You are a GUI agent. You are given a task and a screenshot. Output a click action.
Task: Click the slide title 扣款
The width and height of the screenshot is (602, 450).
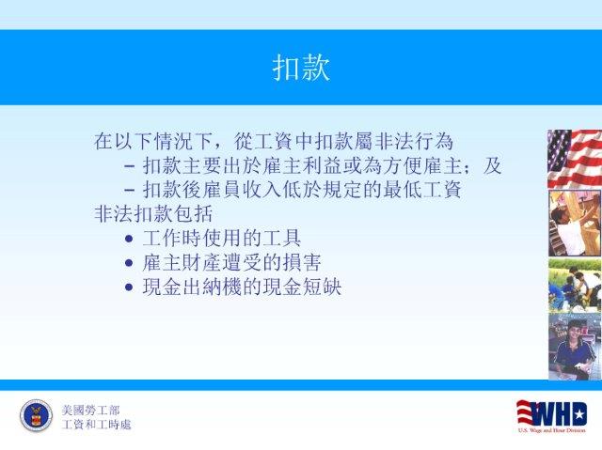(301, 68)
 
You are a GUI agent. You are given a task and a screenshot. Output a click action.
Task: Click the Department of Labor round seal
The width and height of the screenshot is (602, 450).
(36, 415)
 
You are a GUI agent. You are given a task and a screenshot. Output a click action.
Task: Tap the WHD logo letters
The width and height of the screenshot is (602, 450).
(552, 413)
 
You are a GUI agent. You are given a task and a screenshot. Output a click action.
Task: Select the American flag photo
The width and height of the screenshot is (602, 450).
(575, 159)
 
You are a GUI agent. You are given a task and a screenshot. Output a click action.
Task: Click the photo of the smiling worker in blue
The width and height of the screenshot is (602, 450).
(575, 347)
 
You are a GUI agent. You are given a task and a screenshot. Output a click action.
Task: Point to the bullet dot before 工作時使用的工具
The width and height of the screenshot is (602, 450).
(129, 240)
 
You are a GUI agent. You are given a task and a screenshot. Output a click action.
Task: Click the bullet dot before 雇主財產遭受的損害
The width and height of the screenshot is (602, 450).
(129, 263)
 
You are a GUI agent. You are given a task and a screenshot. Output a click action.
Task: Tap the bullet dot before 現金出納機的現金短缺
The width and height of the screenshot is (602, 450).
(129, 287)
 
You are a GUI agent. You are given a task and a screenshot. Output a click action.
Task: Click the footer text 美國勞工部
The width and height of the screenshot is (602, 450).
(90, 411)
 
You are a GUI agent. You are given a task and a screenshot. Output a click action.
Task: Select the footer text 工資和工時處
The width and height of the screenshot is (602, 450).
(96, 425)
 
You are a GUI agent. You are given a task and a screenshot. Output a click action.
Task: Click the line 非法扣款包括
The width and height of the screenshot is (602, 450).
(153, 213)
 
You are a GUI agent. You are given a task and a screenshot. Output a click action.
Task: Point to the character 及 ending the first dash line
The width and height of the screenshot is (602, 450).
(492, 165)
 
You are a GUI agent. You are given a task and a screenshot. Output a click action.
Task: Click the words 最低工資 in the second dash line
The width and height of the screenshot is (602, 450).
(421, 190)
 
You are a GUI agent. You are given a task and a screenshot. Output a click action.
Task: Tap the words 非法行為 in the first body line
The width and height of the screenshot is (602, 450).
(414, 141)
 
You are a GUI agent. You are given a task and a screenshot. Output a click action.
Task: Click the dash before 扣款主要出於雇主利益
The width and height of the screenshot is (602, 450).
(130, 166)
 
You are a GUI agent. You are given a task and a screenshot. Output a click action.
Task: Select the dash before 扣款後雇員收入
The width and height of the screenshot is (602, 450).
(130, 191)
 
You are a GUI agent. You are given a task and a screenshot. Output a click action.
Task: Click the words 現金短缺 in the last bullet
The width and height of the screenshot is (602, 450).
(302, 287)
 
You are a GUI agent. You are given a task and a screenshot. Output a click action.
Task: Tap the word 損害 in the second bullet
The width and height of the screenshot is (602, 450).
(302, 263)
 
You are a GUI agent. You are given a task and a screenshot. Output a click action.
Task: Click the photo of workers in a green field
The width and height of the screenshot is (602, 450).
(575, 286)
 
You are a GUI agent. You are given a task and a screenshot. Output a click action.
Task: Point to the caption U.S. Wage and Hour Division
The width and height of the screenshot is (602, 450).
(552, 430)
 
